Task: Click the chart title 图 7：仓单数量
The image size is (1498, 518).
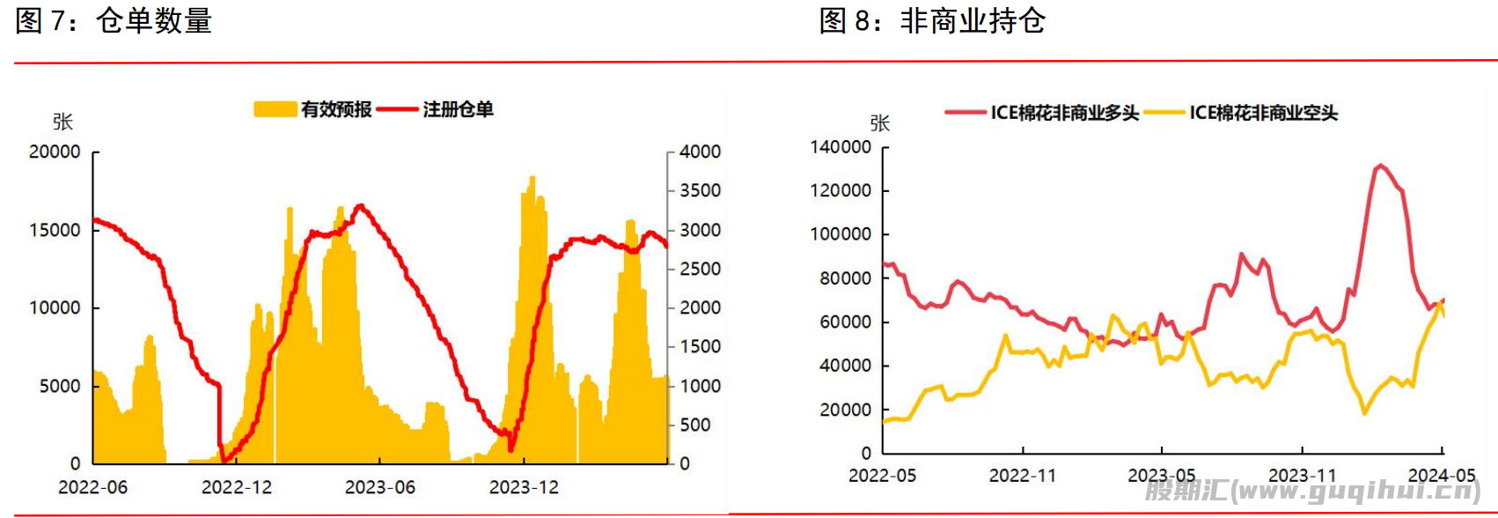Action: point(114,20)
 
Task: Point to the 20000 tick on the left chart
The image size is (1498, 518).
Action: point(55,152)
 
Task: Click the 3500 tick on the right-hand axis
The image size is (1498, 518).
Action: point(700,190)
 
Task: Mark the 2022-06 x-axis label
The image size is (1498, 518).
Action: point(92,487)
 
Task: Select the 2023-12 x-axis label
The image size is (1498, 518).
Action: point(524,487)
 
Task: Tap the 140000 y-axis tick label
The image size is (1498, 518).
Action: point(841,147)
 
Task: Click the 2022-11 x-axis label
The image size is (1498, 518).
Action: point(1022,476)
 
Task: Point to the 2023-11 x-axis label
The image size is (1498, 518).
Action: point(1302,476)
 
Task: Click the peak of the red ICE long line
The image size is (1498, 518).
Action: point(1379,166)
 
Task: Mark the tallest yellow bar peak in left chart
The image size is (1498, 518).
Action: point(532,177)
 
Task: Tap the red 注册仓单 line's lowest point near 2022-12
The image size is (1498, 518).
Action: point(223,460)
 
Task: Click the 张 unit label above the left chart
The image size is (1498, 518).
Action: point(62,122)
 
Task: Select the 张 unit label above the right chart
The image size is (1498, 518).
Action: point(879,123)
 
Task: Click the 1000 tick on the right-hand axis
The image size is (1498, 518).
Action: point(700,386)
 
